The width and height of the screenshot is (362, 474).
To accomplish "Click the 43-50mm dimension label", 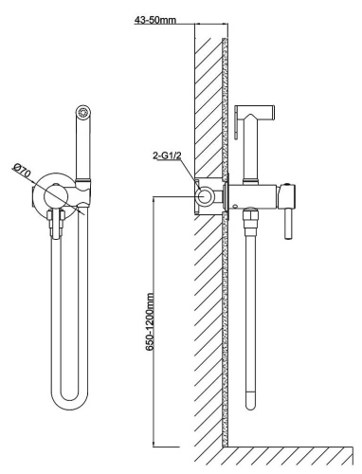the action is click(155, 20).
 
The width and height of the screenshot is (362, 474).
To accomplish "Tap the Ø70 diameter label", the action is click(22, 172).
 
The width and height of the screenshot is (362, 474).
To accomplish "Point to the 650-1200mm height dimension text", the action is click(151, 321).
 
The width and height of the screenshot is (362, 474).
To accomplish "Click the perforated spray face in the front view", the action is click(83, 113).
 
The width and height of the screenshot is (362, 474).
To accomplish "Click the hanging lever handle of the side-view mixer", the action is click(288, 225).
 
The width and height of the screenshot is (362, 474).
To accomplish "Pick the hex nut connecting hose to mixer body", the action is click(250, 217).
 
